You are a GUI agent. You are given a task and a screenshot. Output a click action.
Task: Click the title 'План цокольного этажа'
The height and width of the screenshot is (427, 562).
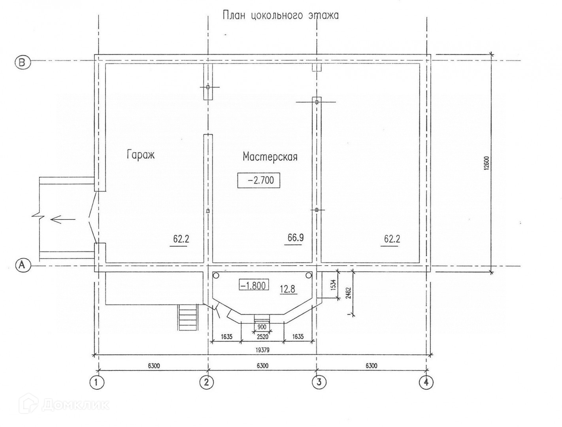(281, 15)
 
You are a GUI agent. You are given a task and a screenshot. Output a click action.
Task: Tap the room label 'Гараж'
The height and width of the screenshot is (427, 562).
(141, 155)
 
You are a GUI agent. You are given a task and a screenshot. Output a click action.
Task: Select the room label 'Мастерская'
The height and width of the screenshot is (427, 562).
(270, 157)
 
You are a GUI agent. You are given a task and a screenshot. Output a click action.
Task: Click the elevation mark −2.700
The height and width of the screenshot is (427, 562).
(258, 181)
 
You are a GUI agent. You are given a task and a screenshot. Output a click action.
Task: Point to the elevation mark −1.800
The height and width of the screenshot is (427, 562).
(254, 285)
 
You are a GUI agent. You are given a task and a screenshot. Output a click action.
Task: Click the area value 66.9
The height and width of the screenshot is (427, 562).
(296, 238)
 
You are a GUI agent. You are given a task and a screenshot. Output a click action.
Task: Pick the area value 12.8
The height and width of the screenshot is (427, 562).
(288, 289)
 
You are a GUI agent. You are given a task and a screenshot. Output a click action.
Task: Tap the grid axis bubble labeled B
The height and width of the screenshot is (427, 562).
(22, 62)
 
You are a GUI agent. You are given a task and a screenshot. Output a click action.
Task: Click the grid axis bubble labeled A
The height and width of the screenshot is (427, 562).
(22, 265)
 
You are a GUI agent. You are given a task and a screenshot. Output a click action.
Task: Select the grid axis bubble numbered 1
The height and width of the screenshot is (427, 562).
(97, 382)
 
